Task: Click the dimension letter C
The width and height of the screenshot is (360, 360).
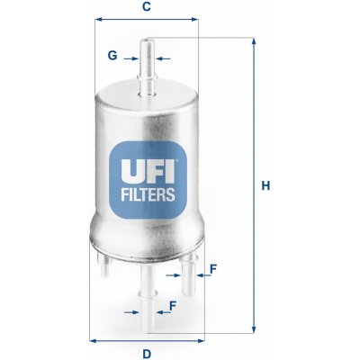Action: coord(147,8)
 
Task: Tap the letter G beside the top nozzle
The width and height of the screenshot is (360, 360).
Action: coord(112,56)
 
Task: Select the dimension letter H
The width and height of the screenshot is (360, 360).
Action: coord(265,186)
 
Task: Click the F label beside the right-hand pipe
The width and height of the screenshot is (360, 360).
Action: coord(212,268)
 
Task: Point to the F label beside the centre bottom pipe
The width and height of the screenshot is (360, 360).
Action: coord(171,305)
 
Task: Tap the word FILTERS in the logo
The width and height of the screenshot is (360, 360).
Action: coord(146,191)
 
